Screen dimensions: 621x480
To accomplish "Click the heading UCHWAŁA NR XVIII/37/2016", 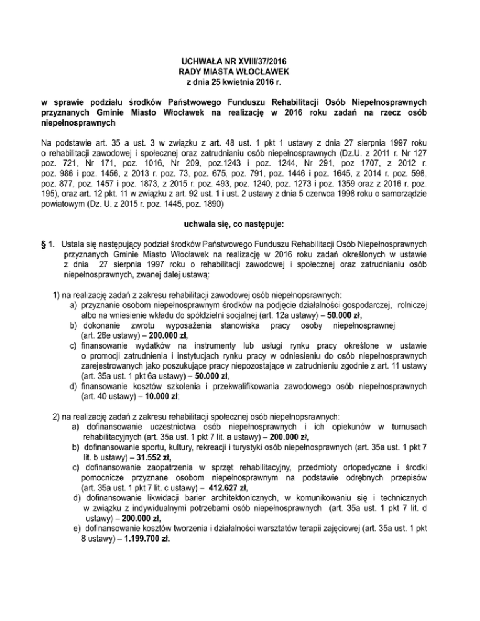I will tap(240, 61).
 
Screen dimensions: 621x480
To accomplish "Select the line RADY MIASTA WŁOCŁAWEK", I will tap(240, 72).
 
